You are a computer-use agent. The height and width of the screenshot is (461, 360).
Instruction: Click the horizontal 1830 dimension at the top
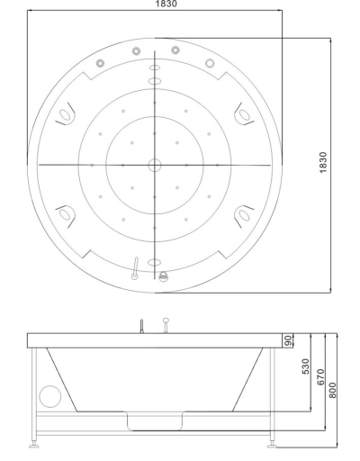(x=166, y=4)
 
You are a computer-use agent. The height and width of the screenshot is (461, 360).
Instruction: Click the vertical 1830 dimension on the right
(x=323, y=162)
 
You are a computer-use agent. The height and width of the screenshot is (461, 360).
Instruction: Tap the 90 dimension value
(x=288, y=340)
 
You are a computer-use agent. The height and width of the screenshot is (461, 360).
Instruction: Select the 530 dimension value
(x=305, y=366)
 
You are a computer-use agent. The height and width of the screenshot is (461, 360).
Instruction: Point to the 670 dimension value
(x=320, y=377)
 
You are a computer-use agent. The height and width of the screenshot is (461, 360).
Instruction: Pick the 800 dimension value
(x=333, y=390)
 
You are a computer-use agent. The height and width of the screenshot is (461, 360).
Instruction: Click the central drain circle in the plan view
(x=155, y=165)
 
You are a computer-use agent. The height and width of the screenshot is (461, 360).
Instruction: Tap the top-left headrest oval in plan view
(x=65, y=114)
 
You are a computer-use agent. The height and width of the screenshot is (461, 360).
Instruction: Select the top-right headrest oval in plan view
(x=244, y=114)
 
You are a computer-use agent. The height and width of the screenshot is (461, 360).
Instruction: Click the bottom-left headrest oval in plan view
(x=65, y=215)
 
